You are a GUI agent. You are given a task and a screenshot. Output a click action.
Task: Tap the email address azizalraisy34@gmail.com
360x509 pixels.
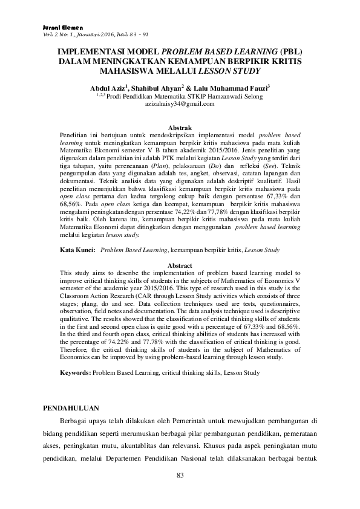click(x=180, y=104)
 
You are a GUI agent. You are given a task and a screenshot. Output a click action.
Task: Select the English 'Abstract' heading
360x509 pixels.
click(x=180, y=265)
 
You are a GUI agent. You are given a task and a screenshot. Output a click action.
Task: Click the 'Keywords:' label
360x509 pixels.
click(x=76, y=373)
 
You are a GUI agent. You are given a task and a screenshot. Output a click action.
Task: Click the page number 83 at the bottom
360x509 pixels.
click(x=180, y=476)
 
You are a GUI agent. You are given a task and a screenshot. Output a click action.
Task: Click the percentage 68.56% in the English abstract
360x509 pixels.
click(x=287, y=326)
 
